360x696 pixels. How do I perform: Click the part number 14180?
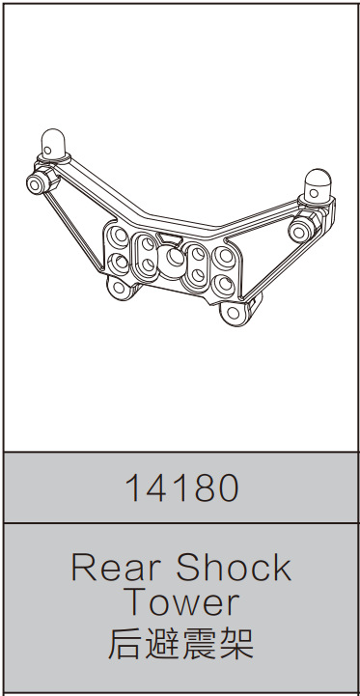pyautogui.click(x=180, y=488)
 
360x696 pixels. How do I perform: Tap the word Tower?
pyautogui.click(x=180, y=602)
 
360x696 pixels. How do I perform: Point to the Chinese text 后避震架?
pyautogui.click(x=180, y=641)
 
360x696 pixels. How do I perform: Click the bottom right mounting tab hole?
pyautogui.click(x=233, y=313)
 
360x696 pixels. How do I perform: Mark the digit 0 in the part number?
pyautogui.click(x=226, y=488)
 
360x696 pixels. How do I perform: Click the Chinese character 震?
pyautogui.click(x=200, y=641)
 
